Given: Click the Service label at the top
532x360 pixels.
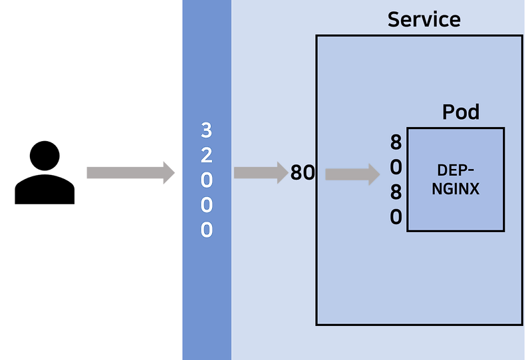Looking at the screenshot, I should pyautogui.click(x=424, y=19).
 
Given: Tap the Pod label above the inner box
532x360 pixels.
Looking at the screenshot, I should pyautogui.click(x=460, y=112).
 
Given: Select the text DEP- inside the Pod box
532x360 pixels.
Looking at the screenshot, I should pyautogui.click(x=456, y=170).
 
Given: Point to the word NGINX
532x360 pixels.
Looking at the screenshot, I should pyautogui.click(x=456, y=189).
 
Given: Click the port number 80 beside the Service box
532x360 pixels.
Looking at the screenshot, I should pyautogui.click(x=303, y=173).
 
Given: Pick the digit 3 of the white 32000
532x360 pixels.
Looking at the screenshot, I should pyautogui.click(x=206, y=130).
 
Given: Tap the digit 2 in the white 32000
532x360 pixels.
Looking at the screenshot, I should pyautogui.click(x=206, y=155).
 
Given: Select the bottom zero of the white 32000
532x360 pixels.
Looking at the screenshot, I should pyautogui.click(x=206, y=230).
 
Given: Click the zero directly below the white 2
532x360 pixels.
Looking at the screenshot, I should pyautogui.click(x=206, y=180).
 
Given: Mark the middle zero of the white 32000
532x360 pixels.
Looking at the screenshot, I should pyautogui.click(x=206, y=205).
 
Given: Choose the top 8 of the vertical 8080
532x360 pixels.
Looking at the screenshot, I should pyautogui.click(x=396, y=142).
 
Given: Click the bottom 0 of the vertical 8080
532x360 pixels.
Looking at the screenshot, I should pyautogui.click(x=396, y=217).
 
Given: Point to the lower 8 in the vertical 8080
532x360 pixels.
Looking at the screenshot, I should pyautogui.click(x=396, y=192).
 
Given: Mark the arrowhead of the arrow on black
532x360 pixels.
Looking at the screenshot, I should pyautogui.click(x=170, y=173).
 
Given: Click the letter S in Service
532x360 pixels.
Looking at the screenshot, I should pyautogui.click(x=393, y=19).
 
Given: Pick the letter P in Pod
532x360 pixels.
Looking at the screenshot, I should pyautogui.click(x=448, y=112).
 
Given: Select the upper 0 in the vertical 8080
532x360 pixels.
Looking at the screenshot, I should pyautogui.click(x=396, y=167).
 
